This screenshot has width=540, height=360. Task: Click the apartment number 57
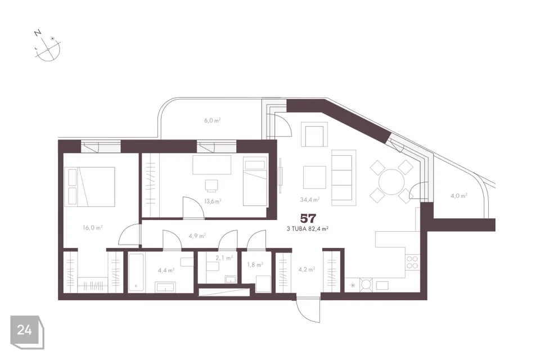[x=308, y=218]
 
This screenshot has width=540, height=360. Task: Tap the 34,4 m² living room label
[x=310, y=199]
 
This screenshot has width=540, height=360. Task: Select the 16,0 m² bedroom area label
[x=93, y=227]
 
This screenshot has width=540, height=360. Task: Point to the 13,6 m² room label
[x=213, y=201]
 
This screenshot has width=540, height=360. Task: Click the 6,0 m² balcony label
[x=212, y=120]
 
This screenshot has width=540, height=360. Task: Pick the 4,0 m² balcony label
[x=459, y=196]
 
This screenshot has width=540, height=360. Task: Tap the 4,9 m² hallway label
[x=197, y=236]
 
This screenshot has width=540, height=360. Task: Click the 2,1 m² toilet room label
[x=224, y=257]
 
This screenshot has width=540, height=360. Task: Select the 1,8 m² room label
[x=255, y=264]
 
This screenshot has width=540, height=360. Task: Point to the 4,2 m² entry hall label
[x=307, y=269]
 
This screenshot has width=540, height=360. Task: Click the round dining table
[x=391, y=182]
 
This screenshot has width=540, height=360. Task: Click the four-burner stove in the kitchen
[x=412, y=262]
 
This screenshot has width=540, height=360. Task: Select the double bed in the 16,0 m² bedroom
[x=89, y=187]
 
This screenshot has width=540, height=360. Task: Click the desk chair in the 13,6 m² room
[x=211, y=186]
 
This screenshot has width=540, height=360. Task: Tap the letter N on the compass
[x=38, y=33]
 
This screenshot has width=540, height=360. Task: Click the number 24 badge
[x=24, y=330]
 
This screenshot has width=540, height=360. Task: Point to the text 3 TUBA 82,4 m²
[x=307, y=228]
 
